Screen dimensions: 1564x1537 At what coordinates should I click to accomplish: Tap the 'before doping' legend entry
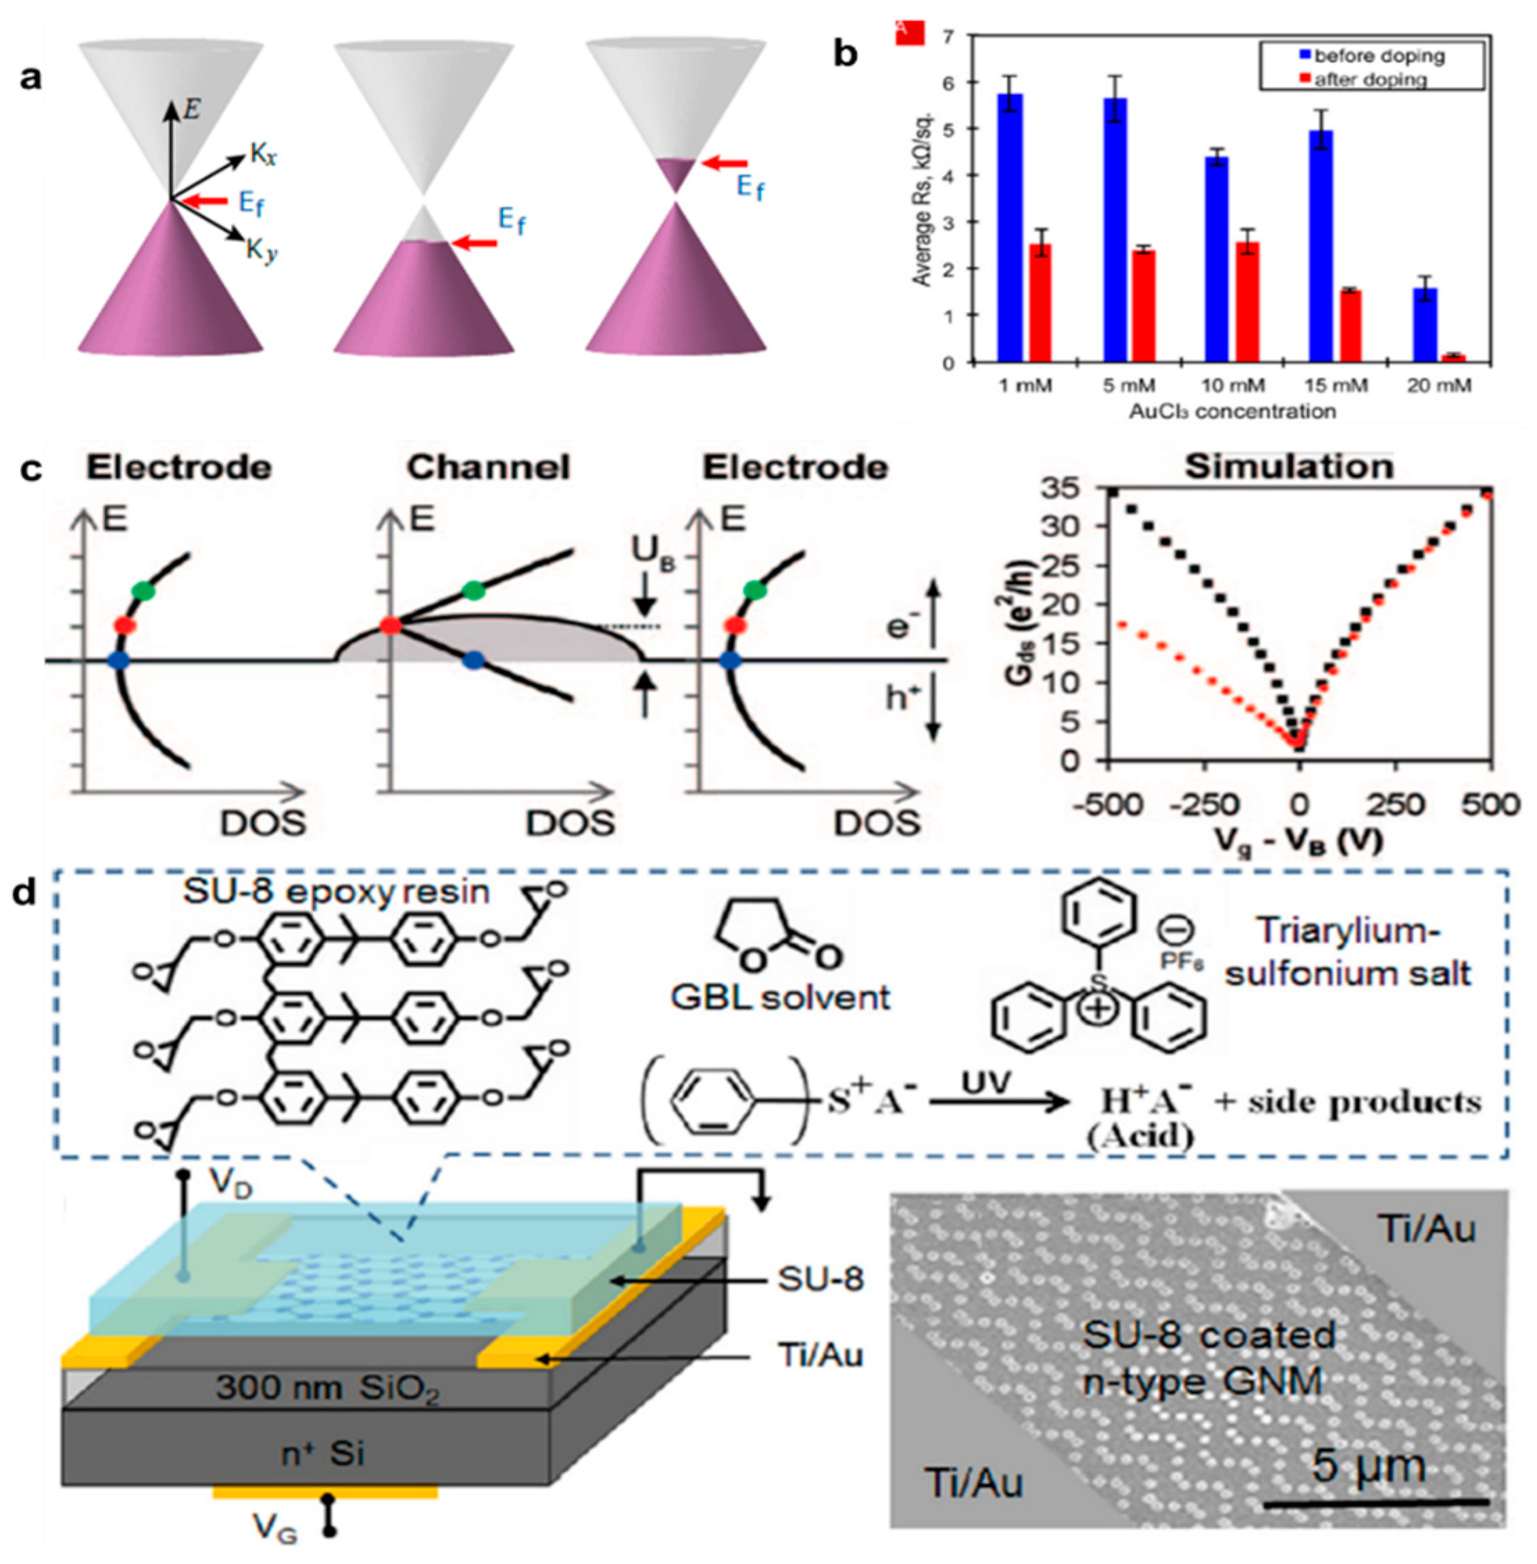(1379, 55)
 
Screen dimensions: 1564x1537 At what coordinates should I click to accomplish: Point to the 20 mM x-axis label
(1438, 386)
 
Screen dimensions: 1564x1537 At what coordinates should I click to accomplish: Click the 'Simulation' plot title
(1289, 467)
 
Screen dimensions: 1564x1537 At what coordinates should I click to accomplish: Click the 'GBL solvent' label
(781, 997)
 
